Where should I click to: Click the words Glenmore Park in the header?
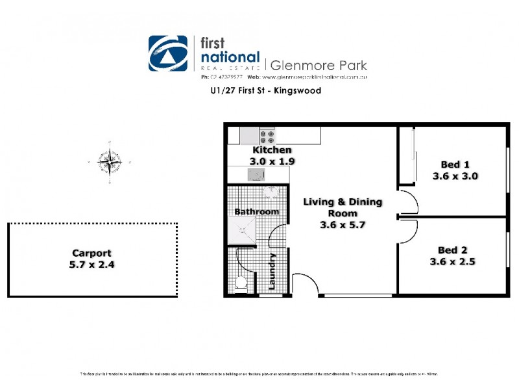[318, 65]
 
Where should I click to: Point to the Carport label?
[91, 253]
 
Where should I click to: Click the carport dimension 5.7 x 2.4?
[91, 265]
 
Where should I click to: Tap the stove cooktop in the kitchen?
[267, 136]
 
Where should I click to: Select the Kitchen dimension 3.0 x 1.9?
[272, 161]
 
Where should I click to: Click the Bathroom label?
[256, 211]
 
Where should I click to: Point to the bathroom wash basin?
[271, 192]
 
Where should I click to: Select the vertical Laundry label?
[272, 271]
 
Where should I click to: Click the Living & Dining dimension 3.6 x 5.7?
[343, 226]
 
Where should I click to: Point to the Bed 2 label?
[452, 250]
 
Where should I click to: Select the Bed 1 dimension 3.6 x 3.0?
[455, 175]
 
